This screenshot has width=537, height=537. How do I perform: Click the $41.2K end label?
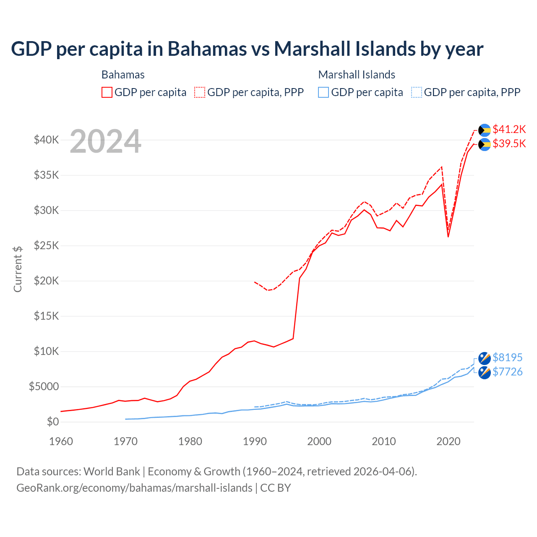[x=509, y=129]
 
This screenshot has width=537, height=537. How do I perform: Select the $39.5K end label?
[x=509, y=143]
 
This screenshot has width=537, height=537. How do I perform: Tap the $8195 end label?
[x=507, y=357]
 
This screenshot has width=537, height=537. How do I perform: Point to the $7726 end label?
[x=507, y=372]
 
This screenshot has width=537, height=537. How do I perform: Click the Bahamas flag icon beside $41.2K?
[x=485, y=130]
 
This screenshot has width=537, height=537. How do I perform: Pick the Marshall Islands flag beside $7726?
[x=485, y=373]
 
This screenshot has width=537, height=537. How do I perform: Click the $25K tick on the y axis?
[x=46, y=245]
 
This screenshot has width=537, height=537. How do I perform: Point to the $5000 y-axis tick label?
[x=44, y=386]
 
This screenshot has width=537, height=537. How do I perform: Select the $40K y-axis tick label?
[x=46, y=140]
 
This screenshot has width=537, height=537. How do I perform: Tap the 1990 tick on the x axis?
[x=255, y=441]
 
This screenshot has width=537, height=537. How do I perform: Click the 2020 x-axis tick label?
[x=448, y=441]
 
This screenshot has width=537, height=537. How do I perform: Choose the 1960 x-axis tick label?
[x=61, y=441]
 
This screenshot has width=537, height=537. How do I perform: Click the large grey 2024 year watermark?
[x=105, y=142]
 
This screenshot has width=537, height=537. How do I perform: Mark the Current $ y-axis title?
[x=18, y=269]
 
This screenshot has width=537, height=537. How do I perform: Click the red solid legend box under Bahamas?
[x=107, y=92]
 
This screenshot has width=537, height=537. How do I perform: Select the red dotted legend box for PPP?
[x=200, y=92]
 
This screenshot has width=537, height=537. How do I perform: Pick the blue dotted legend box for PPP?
[x=416, y=92]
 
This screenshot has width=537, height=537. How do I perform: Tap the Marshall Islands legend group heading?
[x=357, y=75]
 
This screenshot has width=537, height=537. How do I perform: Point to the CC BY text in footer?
[x=275, y=488]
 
